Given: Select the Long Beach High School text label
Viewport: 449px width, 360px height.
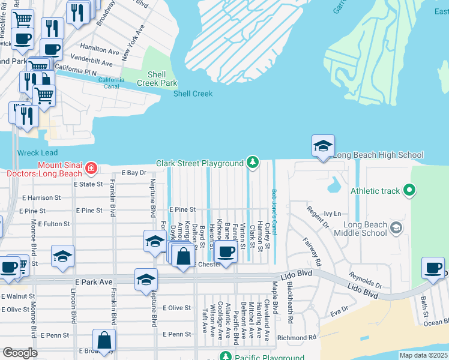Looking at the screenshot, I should (378, 155).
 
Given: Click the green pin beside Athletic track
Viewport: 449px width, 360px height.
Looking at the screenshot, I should (410, 191).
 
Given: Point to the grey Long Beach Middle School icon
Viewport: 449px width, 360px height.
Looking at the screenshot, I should (396, 228).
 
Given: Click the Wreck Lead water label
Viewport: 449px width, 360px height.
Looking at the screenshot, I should (37, 153).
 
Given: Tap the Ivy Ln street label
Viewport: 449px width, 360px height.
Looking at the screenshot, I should (332, 213).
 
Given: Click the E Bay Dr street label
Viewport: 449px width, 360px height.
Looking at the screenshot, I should (134, 173).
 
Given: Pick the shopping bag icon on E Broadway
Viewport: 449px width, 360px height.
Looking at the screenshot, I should (104, 340).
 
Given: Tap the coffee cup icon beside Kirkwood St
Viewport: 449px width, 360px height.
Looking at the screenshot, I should (226, 252).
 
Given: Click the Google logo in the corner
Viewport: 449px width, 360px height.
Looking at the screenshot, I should (20, 353).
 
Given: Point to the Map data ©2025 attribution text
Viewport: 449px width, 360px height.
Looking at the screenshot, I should (423, 355).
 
